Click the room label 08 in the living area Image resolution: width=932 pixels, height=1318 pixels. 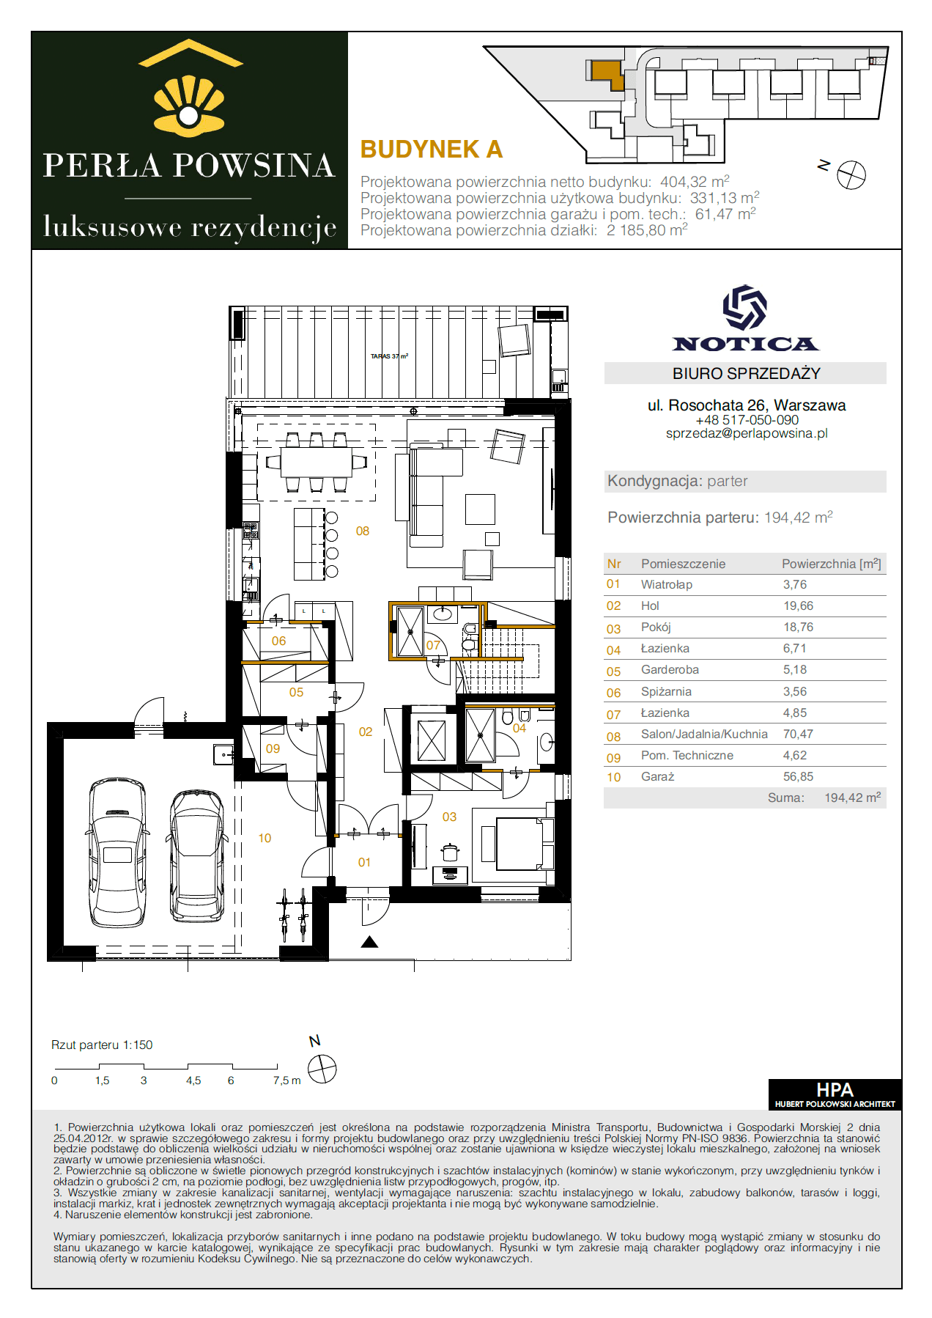pyautogui.click(x=363, y=531)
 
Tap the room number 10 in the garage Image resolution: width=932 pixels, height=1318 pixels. pyautogui.click(x=265, y=838)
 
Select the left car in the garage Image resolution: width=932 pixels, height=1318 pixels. pyautogui.click(x=117, y=853)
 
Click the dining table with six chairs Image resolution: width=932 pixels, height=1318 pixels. pyautogui.click(x=317, y=462)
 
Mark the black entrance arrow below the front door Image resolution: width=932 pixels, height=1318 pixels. pyautogui.click(x=369, y=942)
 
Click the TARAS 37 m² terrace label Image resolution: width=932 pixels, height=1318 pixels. pyautogui.click(x=389, y=356)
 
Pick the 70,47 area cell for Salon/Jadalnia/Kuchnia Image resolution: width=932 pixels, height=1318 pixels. pyautogui.click(x=798, y=734)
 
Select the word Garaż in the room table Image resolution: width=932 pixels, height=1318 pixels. pyautogui.click(x=657, y=776)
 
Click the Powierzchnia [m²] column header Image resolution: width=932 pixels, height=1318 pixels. pyautogui.click(x=832, y=564)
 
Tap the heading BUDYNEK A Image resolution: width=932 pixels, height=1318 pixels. pyautogui.click(x=432, y=150)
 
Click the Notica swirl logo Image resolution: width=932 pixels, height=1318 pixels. pyautogui.click(x=745, y=307)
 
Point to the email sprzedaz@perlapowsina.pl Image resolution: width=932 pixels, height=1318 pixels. pyautogui.click(x=747, y=433)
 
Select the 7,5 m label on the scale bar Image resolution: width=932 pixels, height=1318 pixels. pyautogui.click(x=286, y=1080)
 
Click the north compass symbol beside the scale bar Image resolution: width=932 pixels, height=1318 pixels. pyautogui.click(x=322, y=1069)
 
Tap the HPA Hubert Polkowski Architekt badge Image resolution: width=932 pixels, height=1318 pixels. pyautogui.click(x=835, y=1094)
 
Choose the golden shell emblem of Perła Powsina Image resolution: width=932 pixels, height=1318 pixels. pyautogui.click(x=189, y=106)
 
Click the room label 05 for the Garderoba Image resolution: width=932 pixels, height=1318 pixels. pyautogui.click(x=296, y=692)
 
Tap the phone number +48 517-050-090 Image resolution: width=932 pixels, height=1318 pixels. pyautogui.click(x=747, y=420)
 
